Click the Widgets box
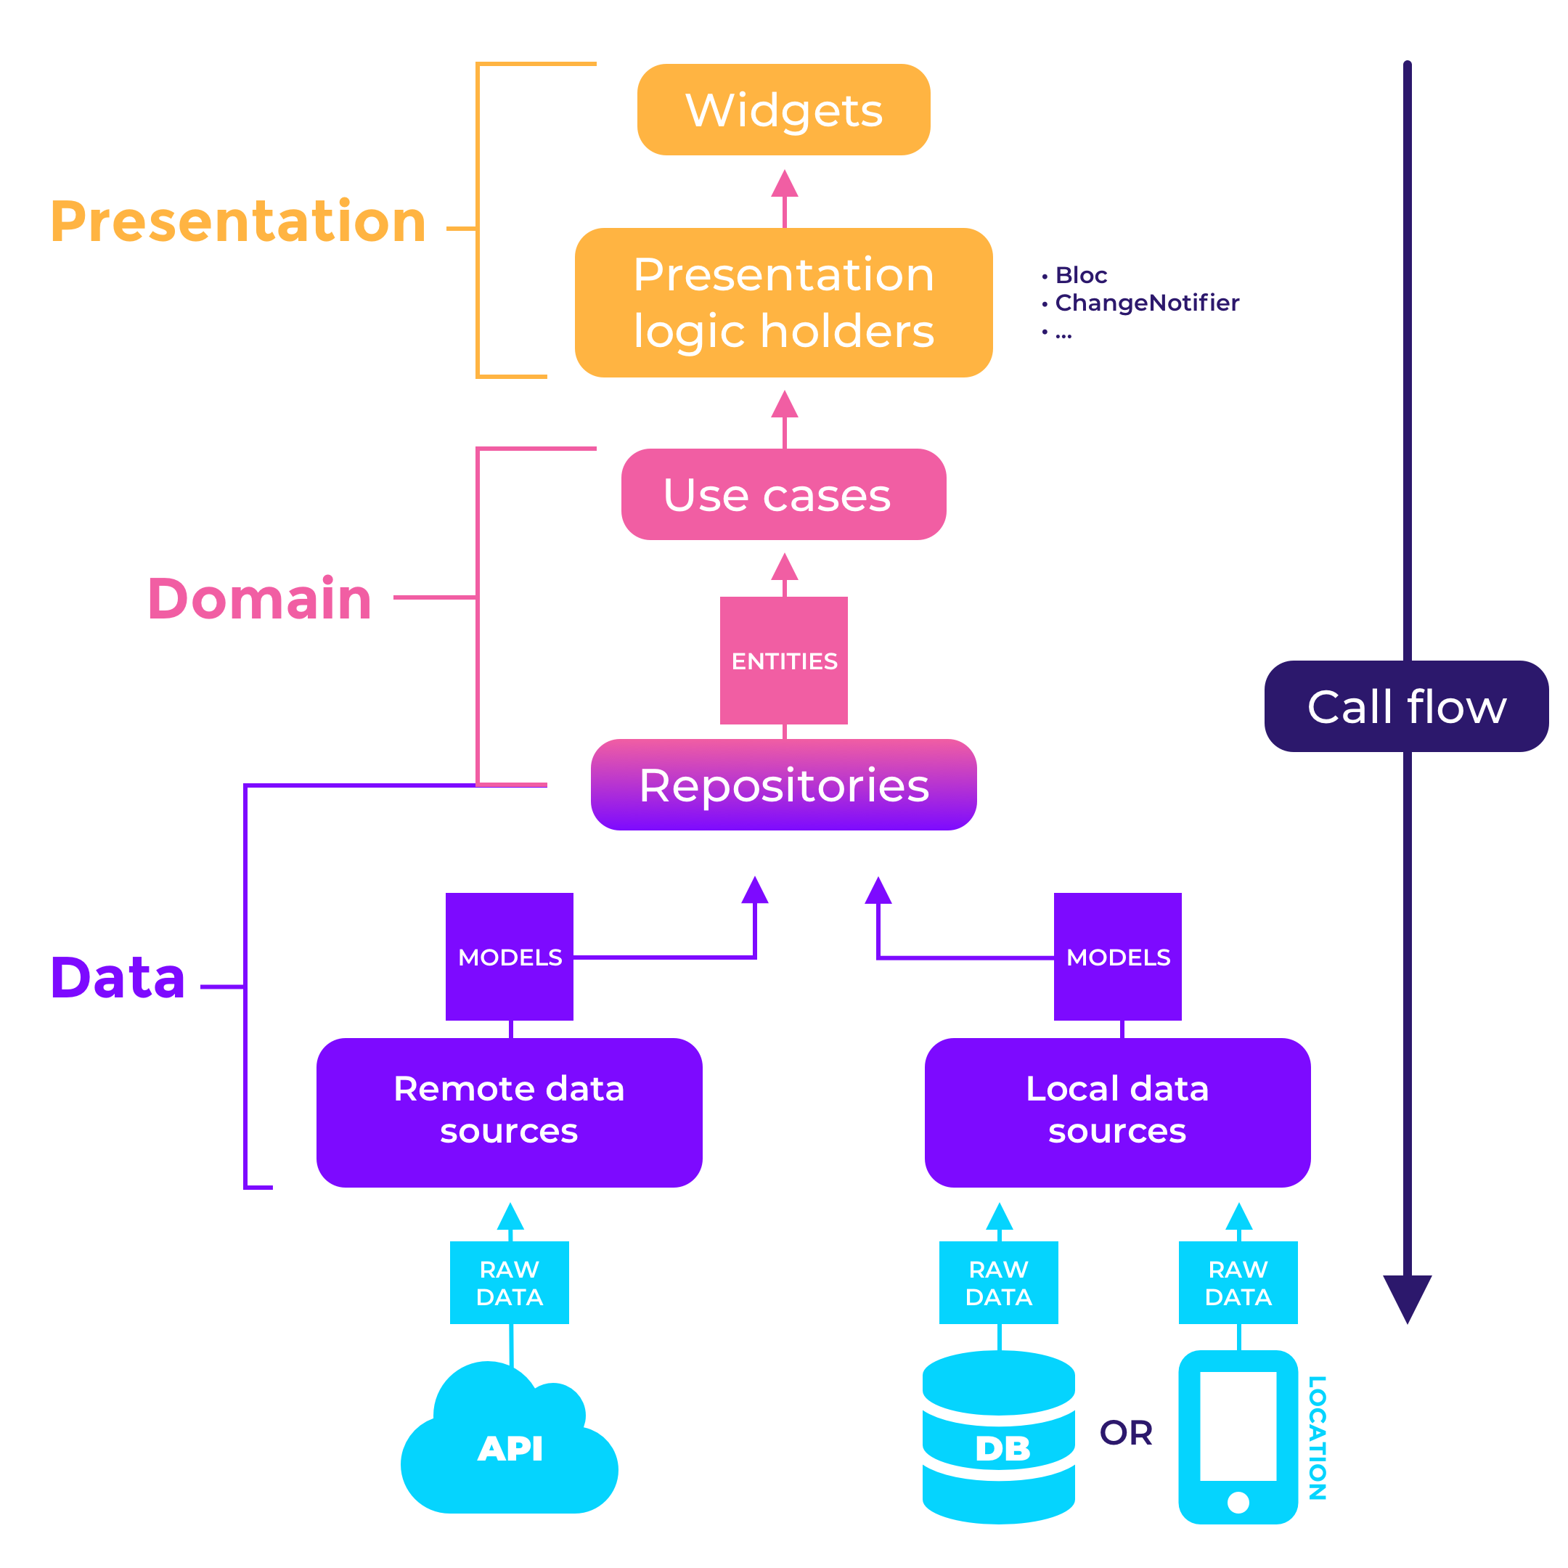(783, 110)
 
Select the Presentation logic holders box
(783, 302)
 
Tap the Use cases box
(783, 494)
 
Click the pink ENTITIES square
(784, 661)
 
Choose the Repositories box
(783, 785)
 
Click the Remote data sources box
(509, 1112)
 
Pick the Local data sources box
(1116, 1112)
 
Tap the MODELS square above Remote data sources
(510, 957)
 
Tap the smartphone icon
(1238, 1437)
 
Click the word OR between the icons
(1126, 1433)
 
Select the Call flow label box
(1405, 706)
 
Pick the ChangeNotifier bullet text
(1146, 303)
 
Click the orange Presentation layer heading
(238, 221)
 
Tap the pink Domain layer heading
(260, 598)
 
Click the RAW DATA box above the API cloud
(510, 1282)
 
